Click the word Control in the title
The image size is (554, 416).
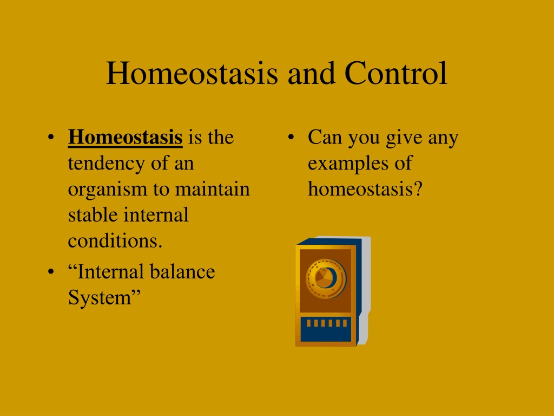(396, 73)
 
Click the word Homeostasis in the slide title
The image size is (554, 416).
(192, 73)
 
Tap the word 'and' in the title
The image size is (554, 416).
(311, 73)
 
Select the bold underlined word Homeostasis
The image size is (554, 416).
(125, 137)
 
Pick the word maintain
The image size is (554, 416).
(212, 189)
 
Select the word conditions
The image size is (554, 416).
(115, 241)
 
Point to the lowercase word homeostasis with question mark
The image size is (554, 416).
(365, 189)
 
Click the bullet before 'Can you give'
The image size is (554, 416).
(291, 137)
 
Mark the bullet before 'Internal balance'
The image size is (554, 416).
(51, 272)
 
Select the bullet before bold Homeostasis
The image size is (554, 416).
(51, 137)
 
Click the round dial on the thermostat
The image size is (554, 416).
(326, 278)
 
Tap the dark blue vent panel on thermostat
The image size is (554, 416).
(326, 329)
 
